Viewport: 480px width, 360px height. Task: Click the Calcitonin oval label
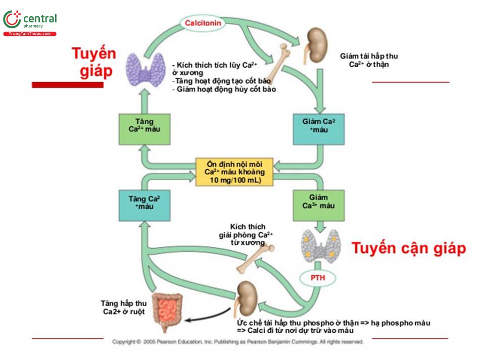tap(204, 24)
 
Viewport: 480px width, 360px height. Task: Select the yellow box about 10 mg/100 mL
tap(234, 172)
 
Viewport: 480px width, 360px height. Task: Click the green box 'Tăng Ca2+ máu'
tap(144, 129)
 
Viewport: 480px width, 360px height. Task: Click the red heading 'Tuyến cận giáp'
tap(408, 248)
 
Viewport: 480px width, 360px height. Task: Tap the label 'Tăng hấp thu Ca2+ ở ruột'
tap(124, 307)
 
